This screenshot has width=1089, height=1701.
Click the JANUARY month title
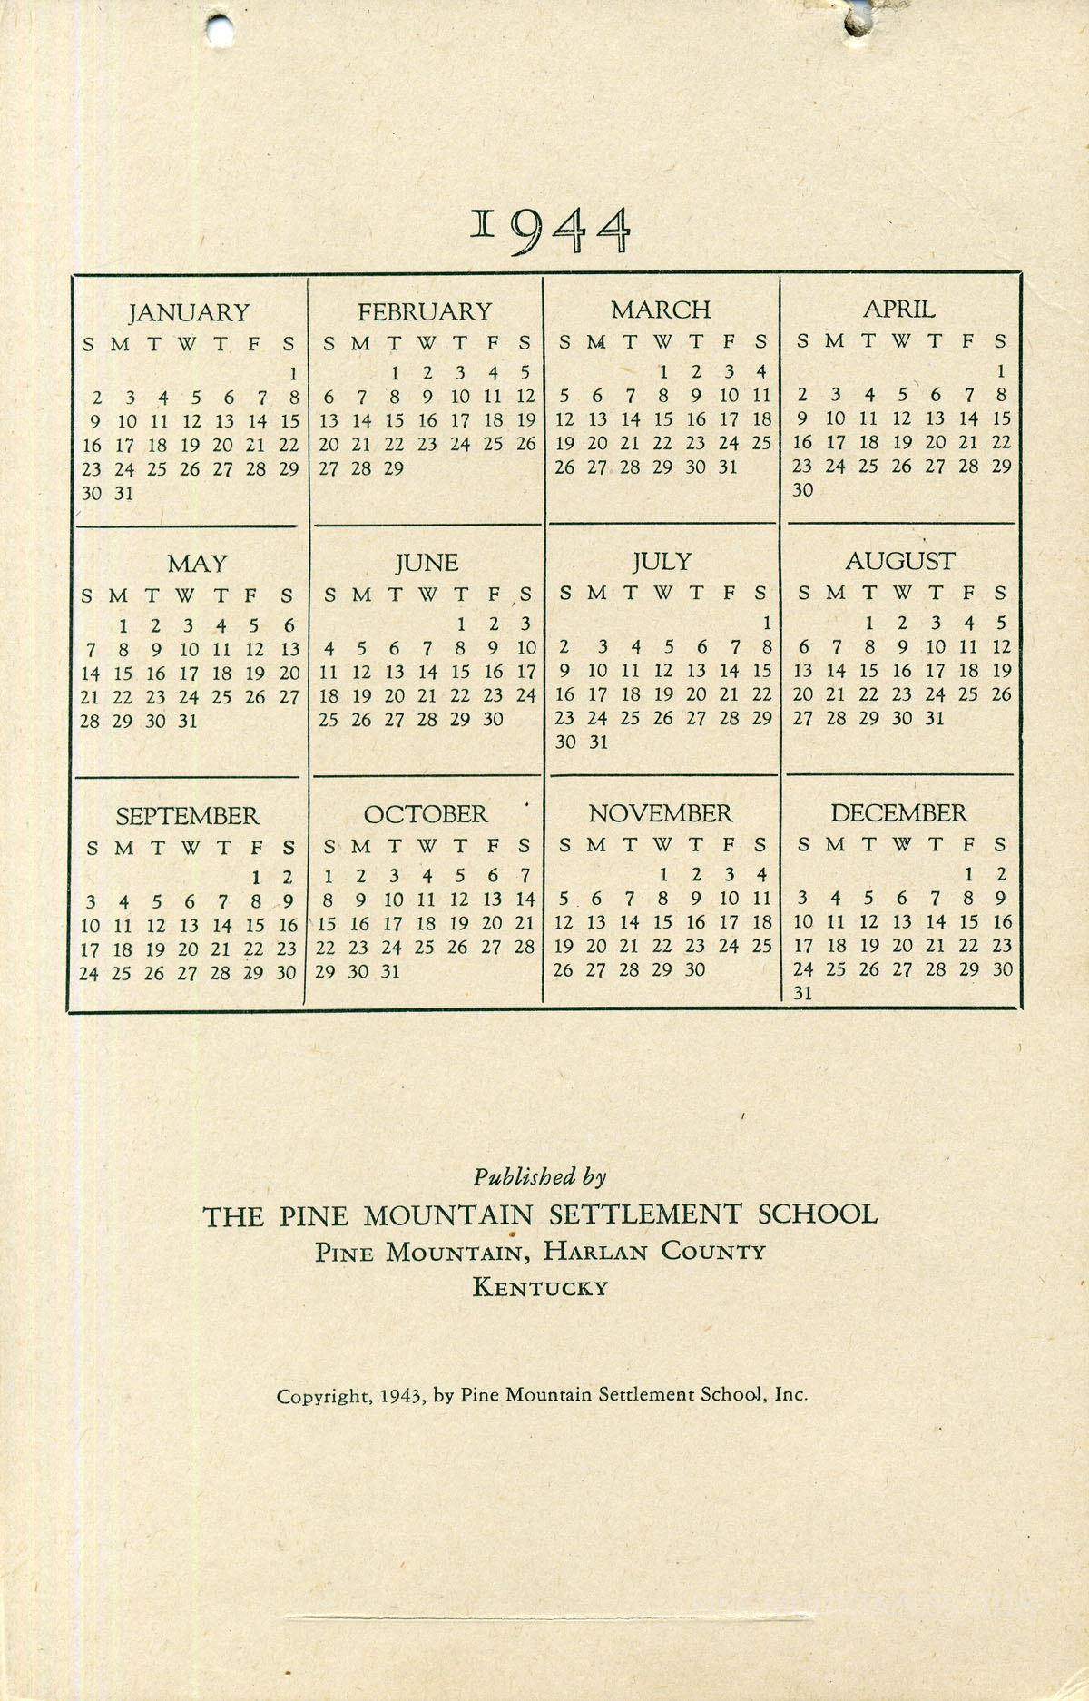[x=189, y=313]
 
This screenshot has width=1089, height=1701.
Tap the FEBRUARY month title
[x=424, y=312]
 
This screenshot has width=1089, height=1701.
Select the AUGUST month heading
[x=899, y=562]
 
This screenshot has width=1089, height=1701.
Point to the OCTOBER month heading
[x=426, y=814]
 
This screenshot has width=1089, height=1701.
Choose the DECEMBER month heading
[x=898, y=813]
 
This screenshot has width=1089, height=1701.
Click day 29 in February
[x=394, y=468]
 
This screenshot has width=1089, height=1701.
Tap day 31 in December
[x=802, y=993]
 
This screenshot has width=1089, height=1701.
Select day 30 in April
[x=802, y=490]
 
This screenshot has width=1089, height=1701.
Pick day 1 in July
[x=766, y=624]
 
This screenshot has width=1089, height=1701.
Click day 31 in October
[x=390, y=971]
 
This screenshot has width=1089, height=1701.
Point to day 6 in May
[x=289, y=625]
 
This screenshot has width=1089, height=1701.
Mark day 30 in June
[x=493, y=719]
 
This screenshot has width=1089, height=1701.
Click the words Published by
[x=539, y=1177]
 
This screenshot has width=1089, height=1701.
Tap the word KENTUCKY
[x=540, y=1287]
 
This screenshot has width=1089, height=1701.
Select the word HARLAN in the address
[x=595, y=1252]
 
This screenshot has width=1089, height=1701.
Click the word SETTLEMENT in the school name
[x=646, y=1214]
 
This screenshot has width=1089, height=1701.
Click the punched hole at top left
[x=219, y=29]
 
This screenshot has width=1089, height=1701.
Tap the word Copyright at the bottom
[x=323, y=1396]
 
